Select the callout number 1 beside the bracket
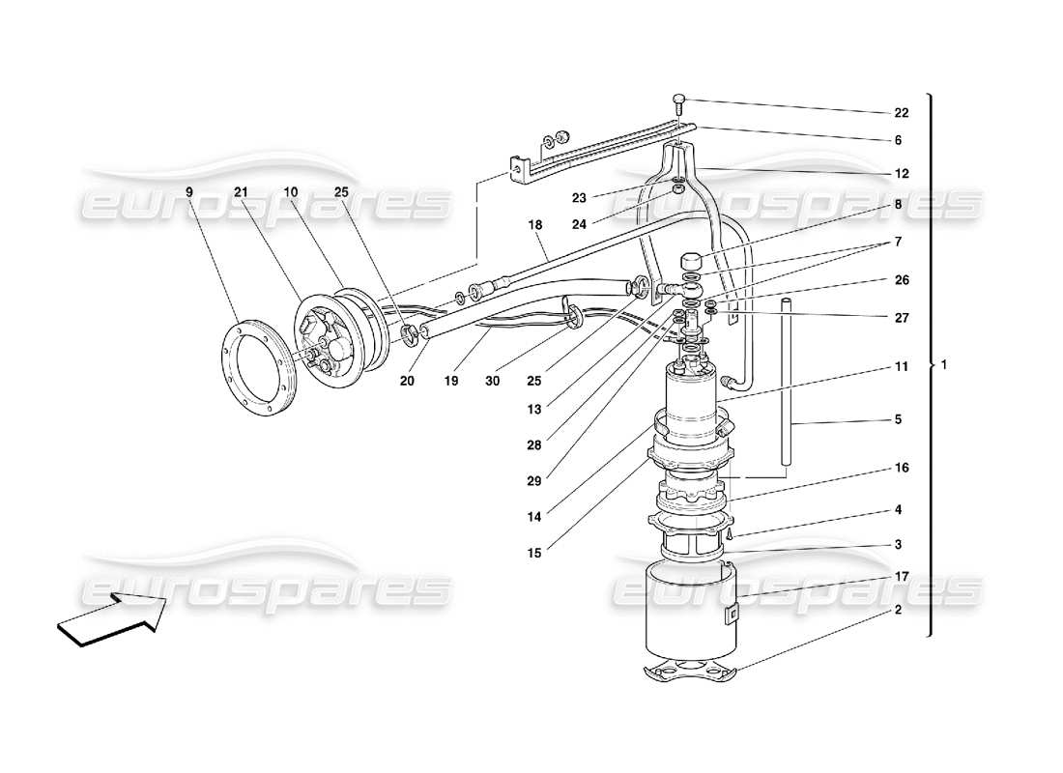tap(944, 365)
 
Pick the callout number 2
tap(897, 611)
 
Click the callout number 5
tap(897, 420)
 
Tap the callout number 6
tap(897, 140)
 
